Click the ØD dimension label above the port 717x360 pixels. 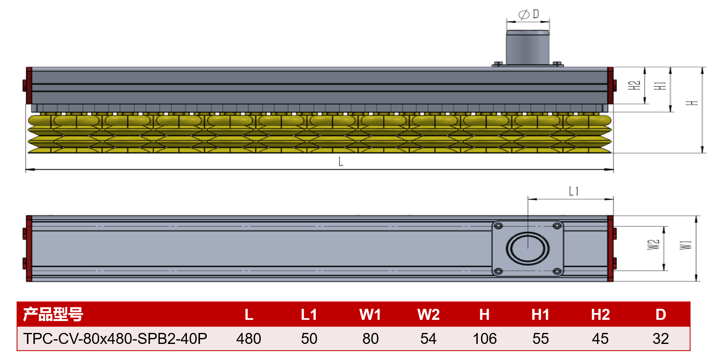[529, 14]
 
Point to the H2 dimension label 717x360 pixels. [634, 85]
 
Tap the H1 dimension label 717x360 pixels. [660, 85]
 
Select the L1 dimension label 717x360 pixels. [574, 192]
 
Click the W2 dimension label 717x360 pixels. [653, 245]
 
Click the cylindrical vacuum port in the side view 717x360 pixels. [528, 47]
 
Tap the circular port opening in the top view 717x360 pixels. [528, 249]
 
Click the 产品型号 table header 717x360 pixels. [53, 314]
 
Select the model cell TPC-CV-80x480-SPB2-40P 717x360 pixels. [115, 338]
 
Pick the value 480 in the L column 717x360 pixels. [249, 339]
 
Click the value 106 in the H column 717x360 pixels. [484, 339]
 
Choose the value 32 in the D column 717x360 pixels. [661, 339]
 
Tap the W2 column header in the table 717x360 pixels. [428, 314]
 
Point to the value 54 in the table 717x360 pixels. [428, 339]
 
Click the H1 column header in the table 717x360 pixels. [540, 314]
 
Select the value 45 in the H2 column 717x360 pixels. [600, 339]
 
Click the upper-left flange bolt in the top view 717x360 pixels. [498, 226]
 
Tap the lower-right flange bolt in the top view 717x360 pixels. [557, 272]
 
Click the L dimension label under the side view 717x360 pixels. [341, 162]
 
